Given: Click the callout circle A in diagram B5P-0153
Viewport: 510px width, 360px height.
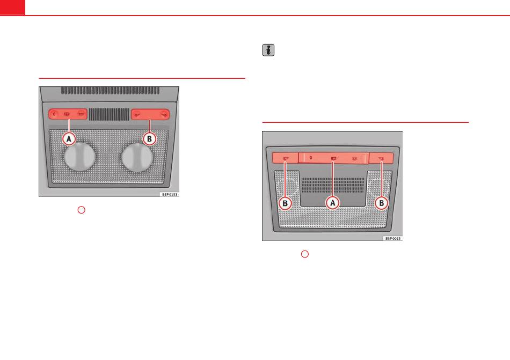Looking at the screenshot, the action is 69,139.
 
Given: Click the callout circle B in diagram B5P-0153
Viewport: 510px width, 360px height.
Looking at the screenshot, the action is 149,139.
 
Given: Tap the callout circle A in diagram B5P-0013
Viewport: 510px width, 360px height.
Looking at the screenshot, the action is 332,203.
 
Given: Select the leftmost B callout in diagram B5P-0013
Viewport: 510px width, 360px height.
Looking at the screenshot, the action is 285,203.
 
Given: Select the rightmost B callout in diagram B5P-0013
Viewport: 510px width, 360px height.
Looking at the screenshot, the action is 381,203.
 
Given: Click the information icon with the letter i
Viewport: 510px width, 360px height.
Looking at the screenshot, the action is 268,50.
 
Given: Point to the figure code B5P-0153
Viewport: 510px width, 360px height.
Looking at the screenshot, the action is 170,194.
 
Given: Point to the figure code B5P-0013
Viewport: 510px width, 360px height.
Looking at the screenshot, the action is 393,239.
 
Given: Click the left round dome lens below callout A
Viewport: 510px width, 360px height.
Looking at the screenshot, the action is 80,157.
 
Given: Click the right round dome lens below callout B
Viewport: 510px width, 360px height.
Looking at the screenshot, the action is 137,157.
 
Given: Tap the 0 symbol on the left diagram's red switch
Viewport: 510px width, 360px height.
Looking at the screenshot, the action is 54,114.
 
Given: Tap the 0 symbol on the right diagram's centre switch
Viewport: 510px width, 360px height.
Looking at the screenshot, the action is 311,158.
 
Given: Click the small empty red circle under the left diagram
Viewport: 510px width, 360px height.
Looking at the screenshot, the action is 81,210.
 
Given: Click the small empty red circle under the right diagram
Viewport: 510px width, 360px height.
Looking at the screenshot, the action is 305,254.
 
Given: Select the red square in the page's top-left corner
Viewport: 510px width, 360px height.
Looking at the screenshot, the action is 12,7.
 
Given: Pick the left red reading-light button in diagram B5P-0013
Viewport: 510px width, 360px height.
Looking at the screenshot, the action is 285,158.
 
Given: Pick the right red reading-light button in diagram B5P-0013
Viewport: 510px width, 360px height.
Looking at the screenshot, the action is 381,158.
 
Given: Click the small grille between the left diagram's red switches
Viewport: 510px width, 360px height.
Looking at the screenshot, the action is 110,114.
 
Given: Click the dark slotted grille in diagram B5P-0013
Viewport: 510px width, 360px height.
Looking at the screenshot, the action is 333,185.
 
